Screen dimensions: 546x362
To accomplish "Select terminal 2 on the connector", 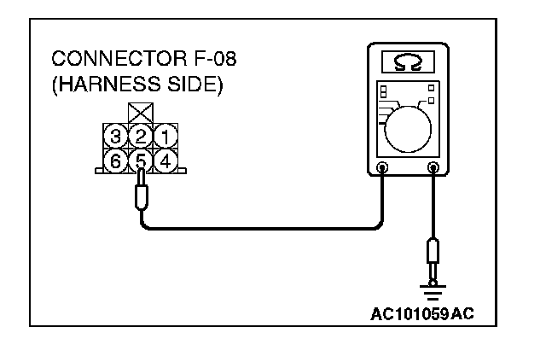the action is click(x=140, y=135).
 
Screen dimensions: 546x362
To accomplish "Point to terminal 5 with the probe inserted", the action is click(x=140, y=159).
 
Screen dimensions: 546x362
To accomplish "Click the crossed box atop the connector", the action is click(x=139, y=113).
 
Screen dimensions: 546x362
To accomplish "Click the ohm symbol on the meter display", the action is click(x=408, y=65).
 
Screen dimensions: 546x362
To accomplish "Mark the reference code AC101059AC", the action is click(x=421, y=314).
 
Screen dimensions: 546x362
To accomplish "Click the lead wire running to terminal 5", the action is click(x=256, y=228).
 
